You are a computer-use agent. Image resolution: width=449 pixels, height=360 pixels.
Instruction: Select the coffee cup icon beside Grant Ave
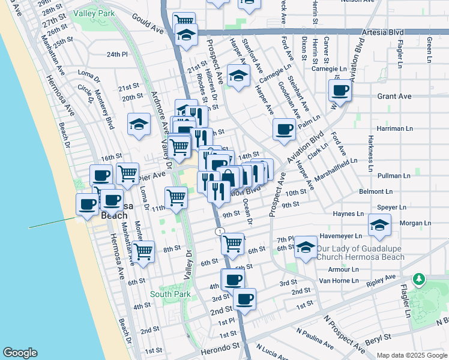(340, 91)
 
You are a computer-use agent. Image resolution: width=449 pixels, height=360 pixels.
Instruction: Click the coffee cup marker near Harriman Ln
(284, 129)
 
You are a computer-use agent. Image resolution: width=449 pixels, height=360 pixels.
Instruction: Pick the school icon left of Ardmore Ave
(139, 124)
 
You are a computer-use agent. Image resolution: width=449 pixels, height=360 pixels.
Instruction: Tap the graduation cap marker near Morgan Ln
(379, 226)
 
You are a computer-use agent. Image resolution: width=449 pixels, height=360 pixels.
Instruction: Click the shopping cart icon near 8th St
(143, 253)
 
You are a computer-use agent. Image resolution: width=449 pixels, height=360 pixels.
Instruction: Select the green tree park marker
(418, 279)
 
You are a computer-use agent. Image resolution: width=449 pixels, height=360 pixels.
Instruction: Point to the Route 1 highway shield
(220, 231)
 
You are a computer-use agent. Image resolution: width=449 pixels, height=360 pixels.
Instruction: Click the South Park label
(170, 294)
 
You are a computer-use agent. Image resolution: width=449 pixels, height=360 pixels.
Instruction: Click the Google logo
(20, 353)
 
